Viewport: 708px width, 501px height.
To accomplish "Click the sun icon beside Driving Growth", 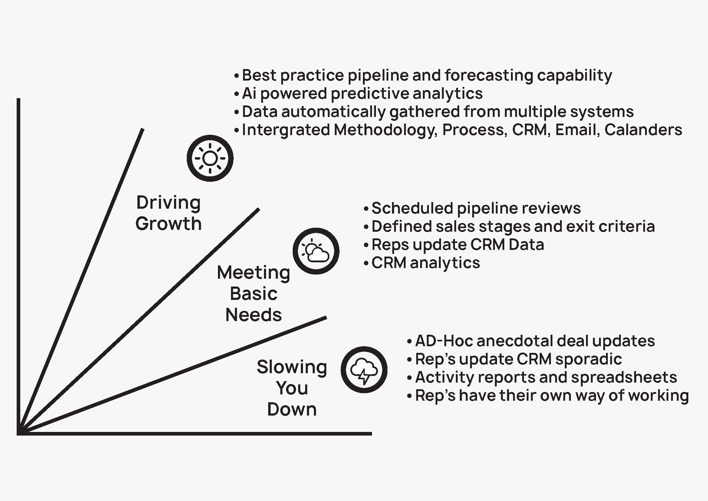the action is (x=210, y=158).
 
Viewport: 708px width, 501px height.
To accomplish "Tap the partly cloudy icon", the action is (x=316, y=251).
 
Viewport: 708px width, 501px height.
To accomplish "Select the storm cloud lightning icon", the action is (x=364, y=370).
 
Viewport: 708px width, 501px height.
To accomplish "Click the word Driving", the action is (x=168, y=203).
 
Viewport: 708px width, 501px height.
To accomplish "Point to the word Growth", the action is (x=168, y=223).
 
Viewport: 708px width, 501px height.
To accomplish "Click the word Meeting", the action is (x=253, y=273).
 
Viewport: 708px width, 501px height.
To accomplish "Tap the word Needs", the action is (x=253, y=315).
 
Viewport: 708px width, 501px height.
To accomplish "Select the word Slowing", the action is (x=292, y=367).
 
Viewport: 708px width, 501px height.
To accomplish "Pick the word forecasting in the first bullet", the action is (x=489, y=76).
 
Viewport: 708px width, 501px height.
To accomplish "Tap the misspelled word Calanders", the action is (x=643, y=130).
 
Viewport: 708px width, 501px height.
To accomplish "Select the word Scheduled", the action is (x=412, y=208).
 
